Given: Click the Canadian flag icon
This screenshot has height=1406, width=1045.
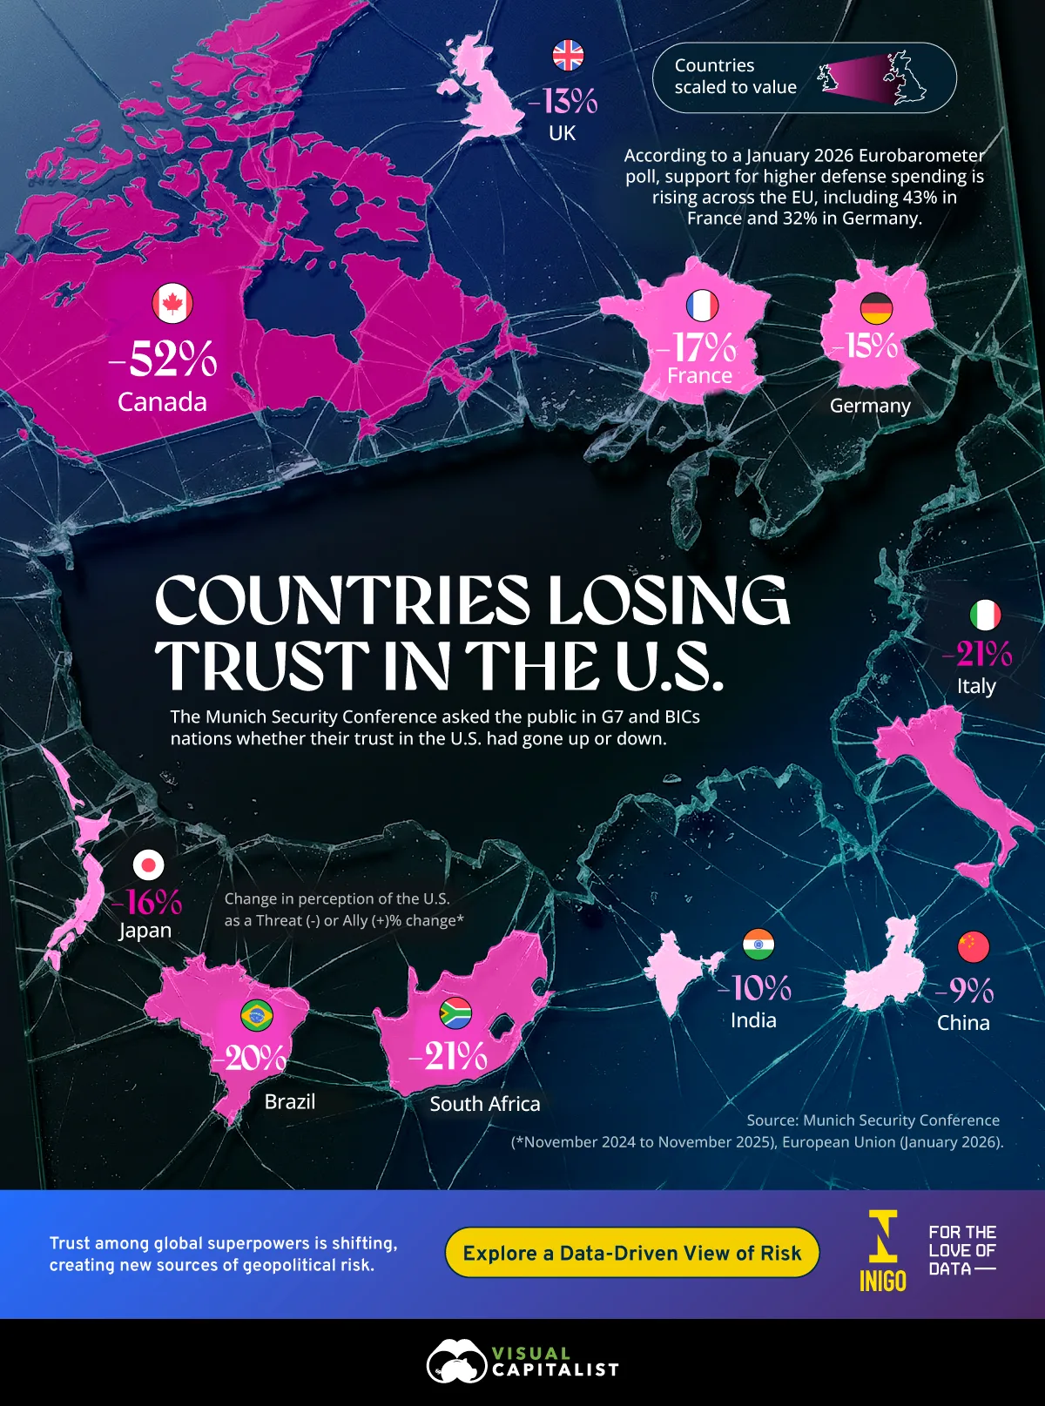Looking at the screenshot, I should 172,304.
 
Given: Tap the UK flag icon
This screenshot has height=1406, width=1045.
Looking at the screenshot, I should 568,56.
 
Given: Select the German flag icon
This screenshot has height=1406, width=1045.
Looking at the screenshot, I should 876,308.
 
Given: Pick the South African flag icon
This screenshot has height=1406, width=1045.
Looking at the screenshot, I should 455,1013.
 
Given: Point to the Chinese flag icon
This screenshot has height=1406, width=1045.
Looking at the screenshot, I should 973,945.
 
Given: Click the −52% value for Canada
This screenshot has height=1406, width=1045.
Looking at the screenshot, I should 164,359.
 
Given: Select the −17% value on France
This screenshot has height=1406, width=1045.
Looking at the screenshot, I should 697,347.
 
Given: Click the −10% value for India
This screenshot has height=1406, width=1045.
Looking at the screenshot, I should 754,988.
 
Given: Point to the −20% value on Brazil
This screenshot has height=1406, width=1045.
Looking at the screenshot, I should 249,1058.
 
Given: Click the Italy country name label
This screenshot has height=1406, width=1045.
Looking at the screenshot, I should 976,686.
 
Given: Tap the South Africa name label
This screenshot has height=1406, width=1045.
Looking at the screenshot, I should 485,1104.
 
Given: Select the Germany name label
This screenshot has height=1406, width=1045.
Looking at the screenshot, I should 870,406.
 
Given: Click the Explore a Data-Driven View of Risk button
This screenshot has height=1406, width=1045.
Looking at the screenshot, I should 631,1253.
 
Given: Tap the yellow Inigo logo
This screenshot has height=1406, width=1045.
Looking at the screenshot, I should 883,1250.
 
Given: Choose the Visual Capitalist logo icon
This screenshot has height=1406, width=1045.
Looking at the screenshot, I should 455,1362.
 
